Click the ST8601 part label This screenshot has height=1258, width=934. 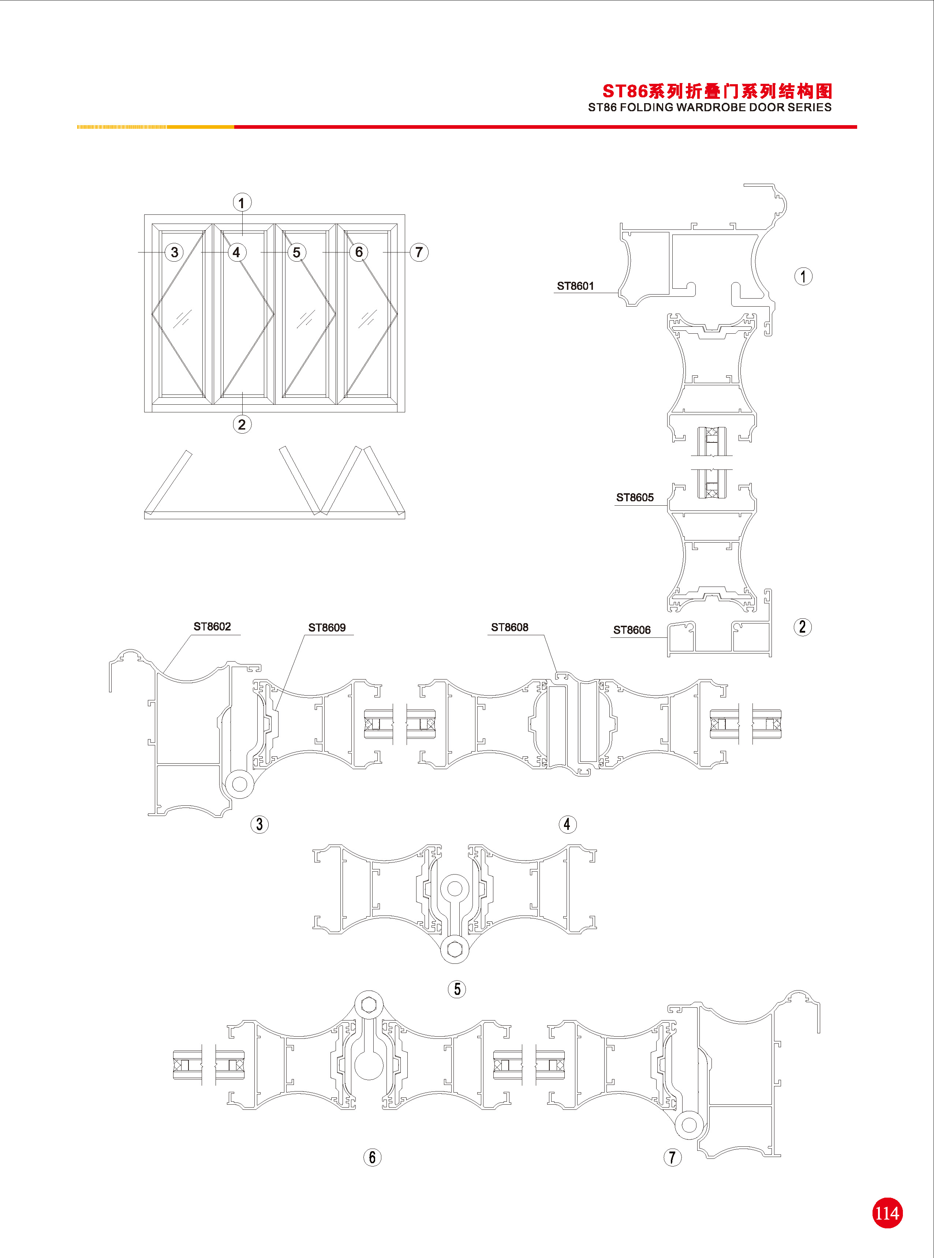(x=575, y=286)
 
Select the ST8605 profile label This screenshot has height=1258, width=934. (x=634, y=497)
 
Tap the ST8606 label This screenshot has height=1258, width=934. (x=632, y=630)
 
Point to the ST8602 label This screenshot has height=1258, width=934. (x=212, y=626)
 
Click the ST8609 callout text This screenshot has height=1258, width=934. (x=327, y=627)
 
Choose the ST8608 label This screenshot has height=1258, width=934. (x=509, y=627)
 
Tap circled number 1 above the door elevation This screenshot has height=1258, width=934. (x=242, y=202)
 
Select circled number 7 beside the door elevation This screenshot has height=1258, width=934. (x=419, y=252)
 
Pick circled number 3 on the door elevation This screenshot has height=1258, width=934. (x=174, y=252)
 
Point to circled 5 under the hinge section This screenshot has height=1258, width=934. (x=457, y=989)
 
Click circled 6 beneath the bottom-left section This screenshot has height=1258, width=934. (x=372, y=1157)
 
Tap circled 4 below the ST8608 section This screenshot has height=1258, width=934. (x=568, y=824)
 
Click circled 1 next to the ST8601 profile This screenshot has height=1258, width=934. (x=803, y=276)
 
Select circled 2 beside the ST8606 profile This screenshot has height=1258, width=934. (x=802, y=627)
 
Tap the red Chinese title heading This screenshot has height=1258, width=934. (x=717, y=91)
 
